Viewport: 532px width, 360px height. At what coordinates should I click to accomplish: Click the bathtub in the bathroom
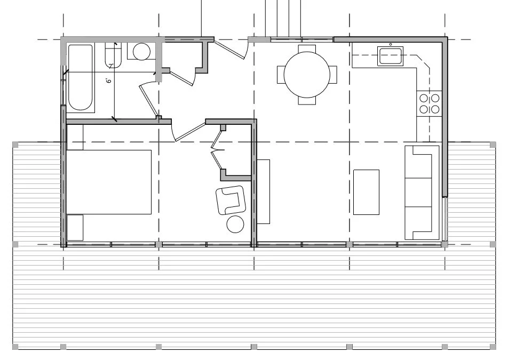[x=81, y=78]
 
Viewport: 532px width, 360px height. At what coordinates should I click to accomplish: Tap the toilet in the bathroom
[x=141, y=52]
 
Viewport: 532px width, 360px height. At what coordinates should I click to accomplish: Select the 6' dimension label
[x=108, y=81]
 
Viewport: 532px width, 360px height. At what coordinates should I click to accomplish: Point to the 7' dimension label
[x=111, y=66]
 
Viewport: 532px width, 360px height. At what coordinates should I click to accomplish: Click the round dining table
[x=307, y=74]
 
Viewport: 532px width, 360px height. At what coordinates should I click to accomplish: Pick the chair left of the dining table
[x=280, y=74]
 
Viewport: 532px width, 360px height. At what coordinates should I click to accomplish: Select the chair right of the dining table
[x=334, y=74]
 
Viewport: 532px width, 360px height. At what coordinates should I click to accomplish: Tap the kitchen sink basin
[x=390, y=56]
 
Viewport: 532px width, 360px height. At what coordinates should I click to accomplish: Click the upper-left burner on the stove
[x=424, y=98]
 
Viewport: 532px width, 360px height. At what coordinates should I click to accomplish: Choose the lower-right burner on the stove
[x=435, y=109]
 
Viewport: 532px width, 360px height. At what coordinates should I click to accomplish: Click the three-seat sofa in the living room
[x=422, y=192]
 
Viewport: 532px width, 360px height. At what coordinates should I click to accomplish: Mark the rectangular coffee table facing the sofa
[x=366, y=192]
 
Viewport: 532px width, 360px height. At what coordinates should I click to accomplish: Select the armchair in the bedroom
[x=231, y=201]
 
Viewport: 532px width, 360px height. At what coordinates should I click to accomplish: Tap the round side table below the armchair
[x=235, y=225]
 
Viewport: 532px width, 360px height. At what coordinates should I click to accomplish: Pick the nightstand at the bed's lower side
[x=75, y=227]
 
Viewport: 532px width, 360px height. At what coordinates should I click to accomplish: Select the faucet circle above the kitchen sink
[x=391, y=44]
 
